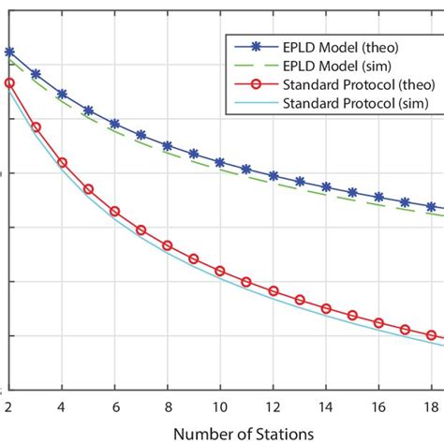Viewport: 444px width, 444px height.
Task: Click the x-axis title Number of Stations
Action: (x=221, y=434)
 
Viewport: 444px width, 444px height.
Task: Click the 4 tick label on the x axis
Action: (x=62, y=407)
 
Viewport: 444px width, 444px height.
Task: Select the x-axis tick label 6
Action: (x=115, y=407)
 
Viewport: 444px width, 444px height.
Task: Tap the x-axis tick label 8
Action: (x=168, y=407)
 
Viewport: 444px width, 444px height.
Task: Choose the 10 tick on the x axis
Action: (x=220, y=407)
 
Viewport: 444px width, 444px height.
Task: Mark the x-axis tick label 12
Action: (x=274, y=407)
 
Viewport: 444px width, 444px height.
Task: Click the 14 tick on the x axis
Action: (x=326, y=407)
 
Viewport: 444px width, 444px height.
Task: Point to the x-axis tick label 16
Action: (x=378, y=407)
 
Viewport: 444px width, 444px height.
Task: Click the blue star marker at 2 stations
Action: (x=9, y=52)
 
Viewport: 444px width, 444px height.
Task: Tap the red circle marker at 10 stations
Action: (x=220, y=272)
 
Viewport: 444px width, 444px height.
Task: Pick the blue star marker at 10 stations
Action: (x=220, y=162)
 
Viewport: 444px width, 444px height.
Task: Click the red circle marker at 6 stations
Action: (x=115, y=212)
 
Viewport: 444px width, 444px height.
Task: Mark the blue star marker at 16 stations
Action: (x=378, y=197)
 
